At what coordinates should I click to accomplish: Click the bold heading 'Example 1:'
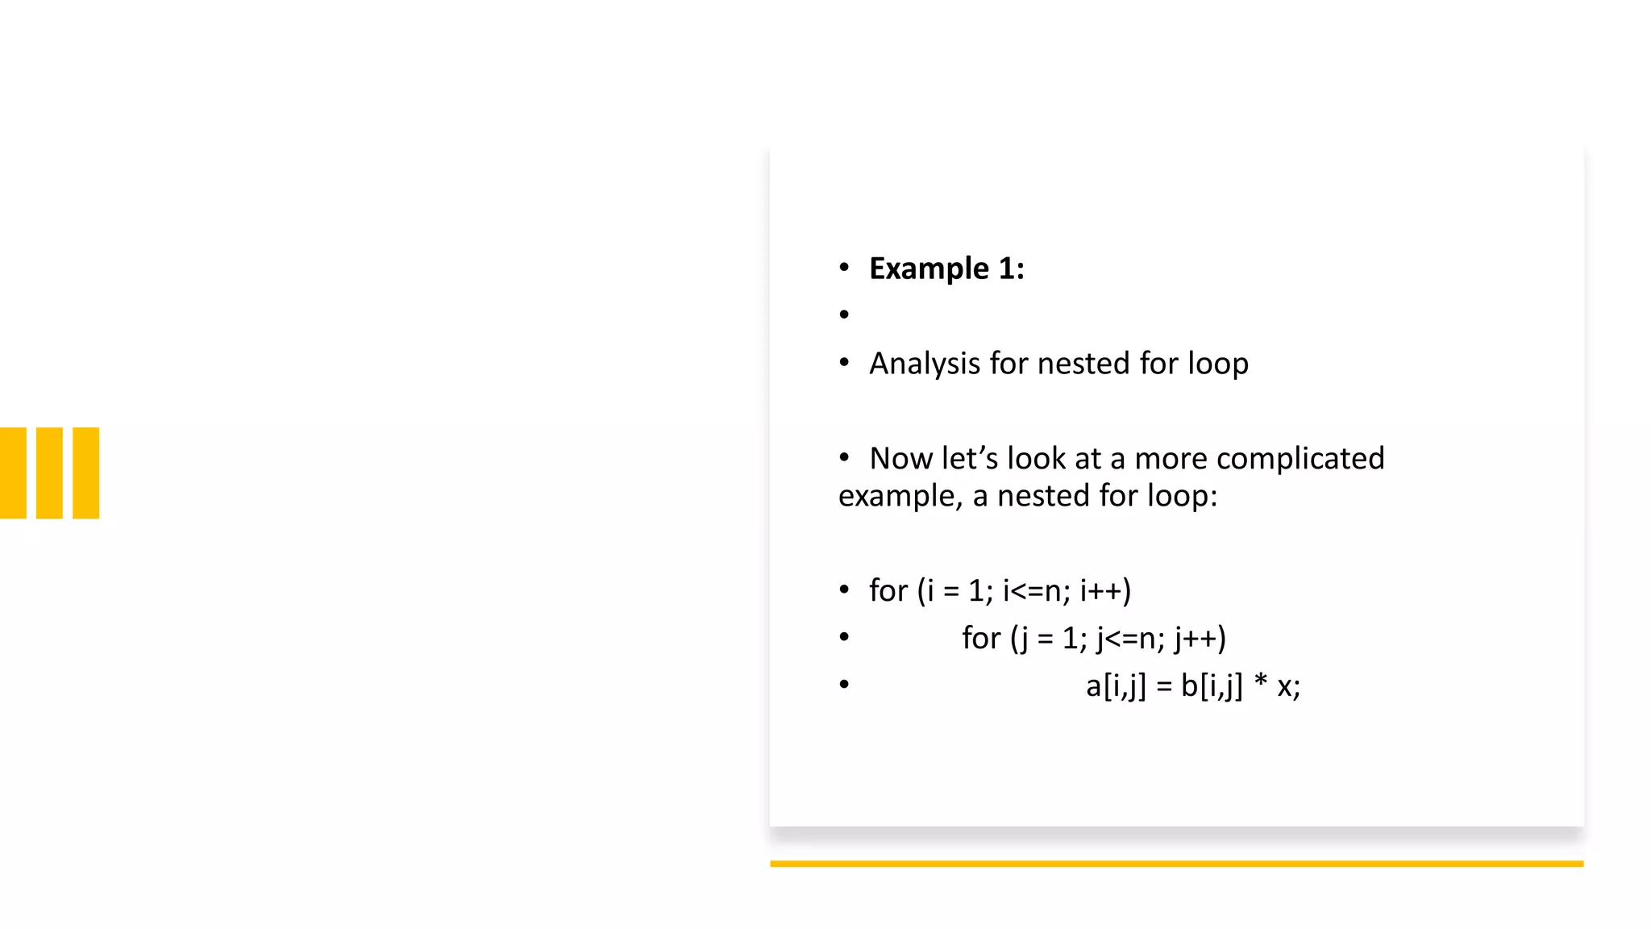point(946,269)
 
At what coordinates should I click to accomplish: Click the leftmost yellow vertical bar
point(13,473)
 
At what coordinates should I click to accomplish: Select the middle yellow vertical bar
point(49,473)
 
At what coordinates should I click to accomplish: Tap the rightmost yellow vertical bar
point(86,473)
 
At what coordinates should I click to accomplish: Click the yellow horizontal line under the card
point(1176,864)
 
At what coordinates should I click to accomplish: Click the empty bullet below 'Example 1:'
point(844,315)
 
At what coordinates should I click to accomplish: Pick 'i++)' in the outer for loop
point(1105,591)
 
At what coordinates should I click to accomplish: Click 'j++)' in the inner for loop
point(1200,639)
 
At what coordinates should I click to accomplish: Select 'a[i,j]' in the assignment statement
point(1116,686)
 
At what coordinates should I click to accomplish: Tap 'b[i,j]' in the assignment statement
point(1212,686)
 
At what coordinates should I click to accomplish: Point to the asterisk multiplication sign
point(1261,683)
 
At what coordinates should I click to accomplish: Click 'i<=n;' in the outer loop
point(1037,591)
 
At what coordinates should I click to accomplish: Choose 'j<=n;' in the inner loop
point(1130,639)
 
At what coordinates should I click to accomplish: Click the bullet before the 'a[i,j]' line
point(844,685)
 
